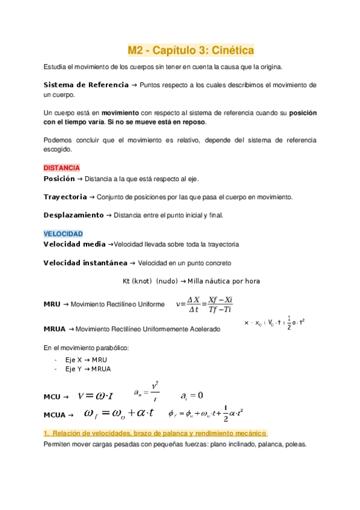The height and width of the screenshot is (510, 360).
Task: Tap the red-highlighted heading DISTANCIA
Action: tap(62, 168)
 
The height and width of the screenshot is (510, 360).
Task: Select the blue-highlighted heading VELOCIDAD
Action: tap(63, 233)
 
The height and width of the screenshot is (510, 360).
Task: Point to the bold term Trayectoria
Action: tap(65, 197)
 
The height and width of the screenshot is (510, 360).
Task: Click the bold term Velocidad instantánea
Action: tap(85, 263)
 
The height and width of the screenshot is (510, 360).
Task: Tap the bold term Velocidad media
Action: tap(75, 245)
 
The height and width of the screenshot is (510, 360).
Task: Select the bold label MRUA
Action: tap(55, 329)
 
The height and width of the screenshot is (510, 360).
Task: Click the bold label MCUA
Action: tap(55, 414)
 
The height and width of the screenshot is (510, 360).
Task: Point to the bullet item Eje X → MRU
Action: tap(84, 359)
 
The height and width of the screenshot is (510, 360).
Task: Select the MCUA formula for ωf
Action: tap(121, 413)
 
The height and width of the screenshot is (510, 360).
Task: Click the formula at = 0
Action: tap(192, 396)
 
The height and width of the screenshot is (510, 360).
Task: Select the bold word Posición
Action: tap(59, 179)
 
